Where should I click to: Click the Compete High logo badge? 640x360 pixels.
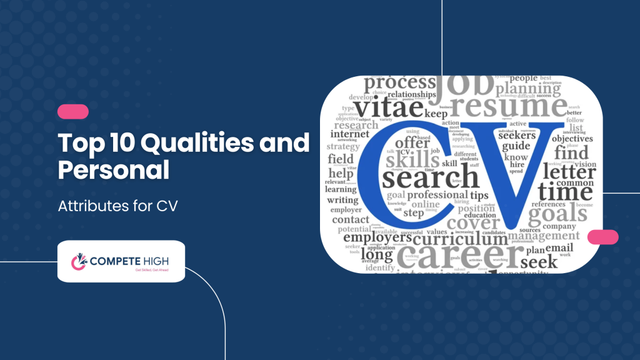[x=121, y=261]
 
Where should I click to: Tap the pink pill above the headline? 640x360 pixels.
[x=73, y=112]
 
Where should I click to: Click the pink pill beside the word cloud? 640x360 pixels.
[x=602, y=237]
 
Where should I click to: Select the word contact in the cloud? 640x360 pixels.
[x=351, y=219]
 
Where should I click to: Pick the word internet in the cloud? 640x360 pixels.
[x=350, y=133]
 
